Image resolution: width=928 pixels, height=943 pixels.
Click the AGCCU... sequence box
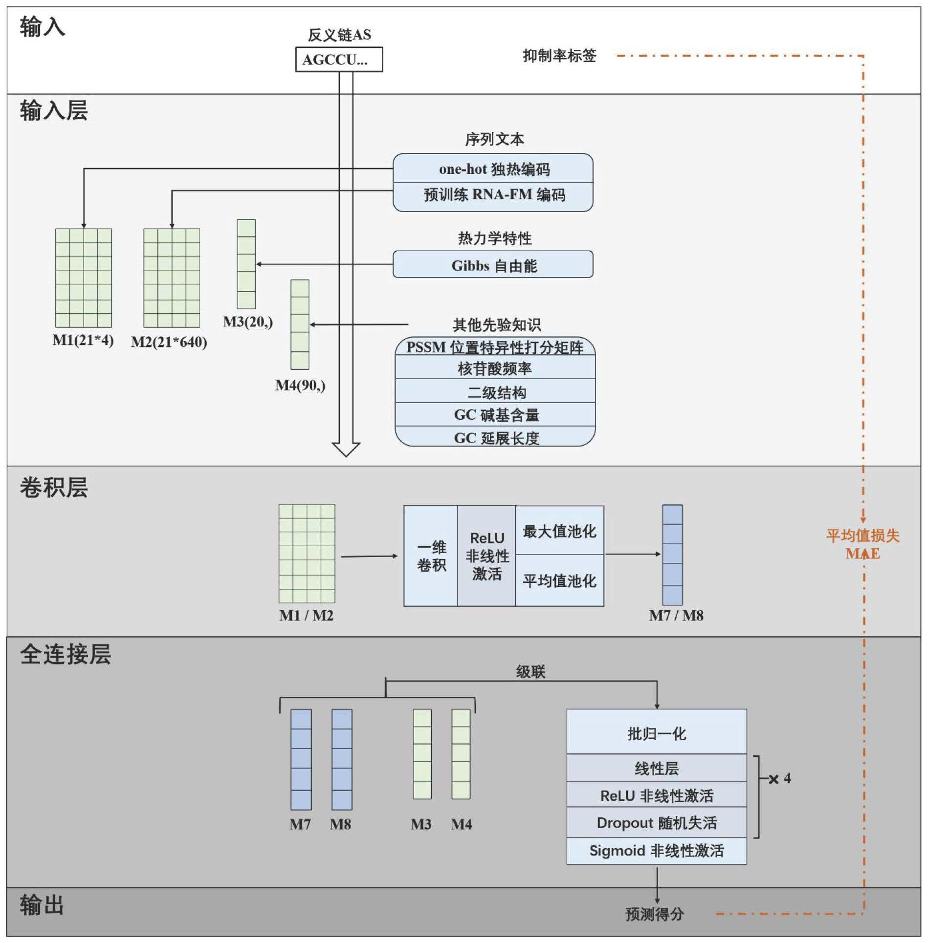[339, 60]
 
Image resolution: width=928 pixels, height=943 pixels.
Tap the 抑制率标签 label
[559, 56]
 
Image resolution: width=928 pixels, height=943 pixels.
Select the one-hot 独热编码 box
[493, 169]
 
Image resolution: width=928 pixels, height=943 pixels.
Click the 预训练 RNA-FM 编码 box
[493, 195]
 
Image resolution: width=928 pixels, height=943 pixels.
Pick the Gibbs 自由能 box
[493, 265]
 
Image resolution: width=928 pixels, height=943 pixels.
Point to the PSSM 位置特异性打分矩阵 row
[495, 347]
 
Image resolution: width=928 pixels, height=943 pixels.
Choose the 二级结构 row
[495, 392]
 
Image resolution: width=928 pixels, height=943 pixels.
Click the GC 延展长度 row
[495, 437]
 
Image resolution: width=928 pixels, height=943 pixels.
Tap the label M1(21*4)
[83, 340]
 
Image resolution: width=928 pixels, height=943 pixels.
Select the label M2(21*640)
[169, 342]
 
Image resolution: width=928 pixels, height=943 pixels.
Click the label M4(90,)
[300, 386]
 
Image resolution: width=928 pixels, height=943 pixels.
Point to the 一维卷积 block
[431, 556]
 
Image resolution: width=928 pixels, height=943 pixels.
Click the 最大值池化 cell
[559, 531]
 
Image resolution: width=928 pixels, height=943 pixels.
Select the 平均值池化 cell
[559, 580]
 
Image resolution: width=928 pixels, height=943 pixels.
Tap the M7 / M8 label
[676, 616]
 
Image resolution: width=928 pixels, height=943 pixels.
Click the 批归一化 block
[656, 733]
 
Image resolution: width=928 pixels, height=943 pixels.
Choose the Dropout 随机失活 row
[656, 823]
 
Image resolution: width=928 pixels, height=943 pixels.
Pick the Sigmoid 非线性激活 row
[656, 851]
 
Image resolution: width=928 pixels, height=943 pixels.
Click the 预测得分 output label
[654, 914]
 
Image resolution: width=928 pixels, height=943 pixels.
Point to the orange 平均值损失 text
[862, 536]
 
